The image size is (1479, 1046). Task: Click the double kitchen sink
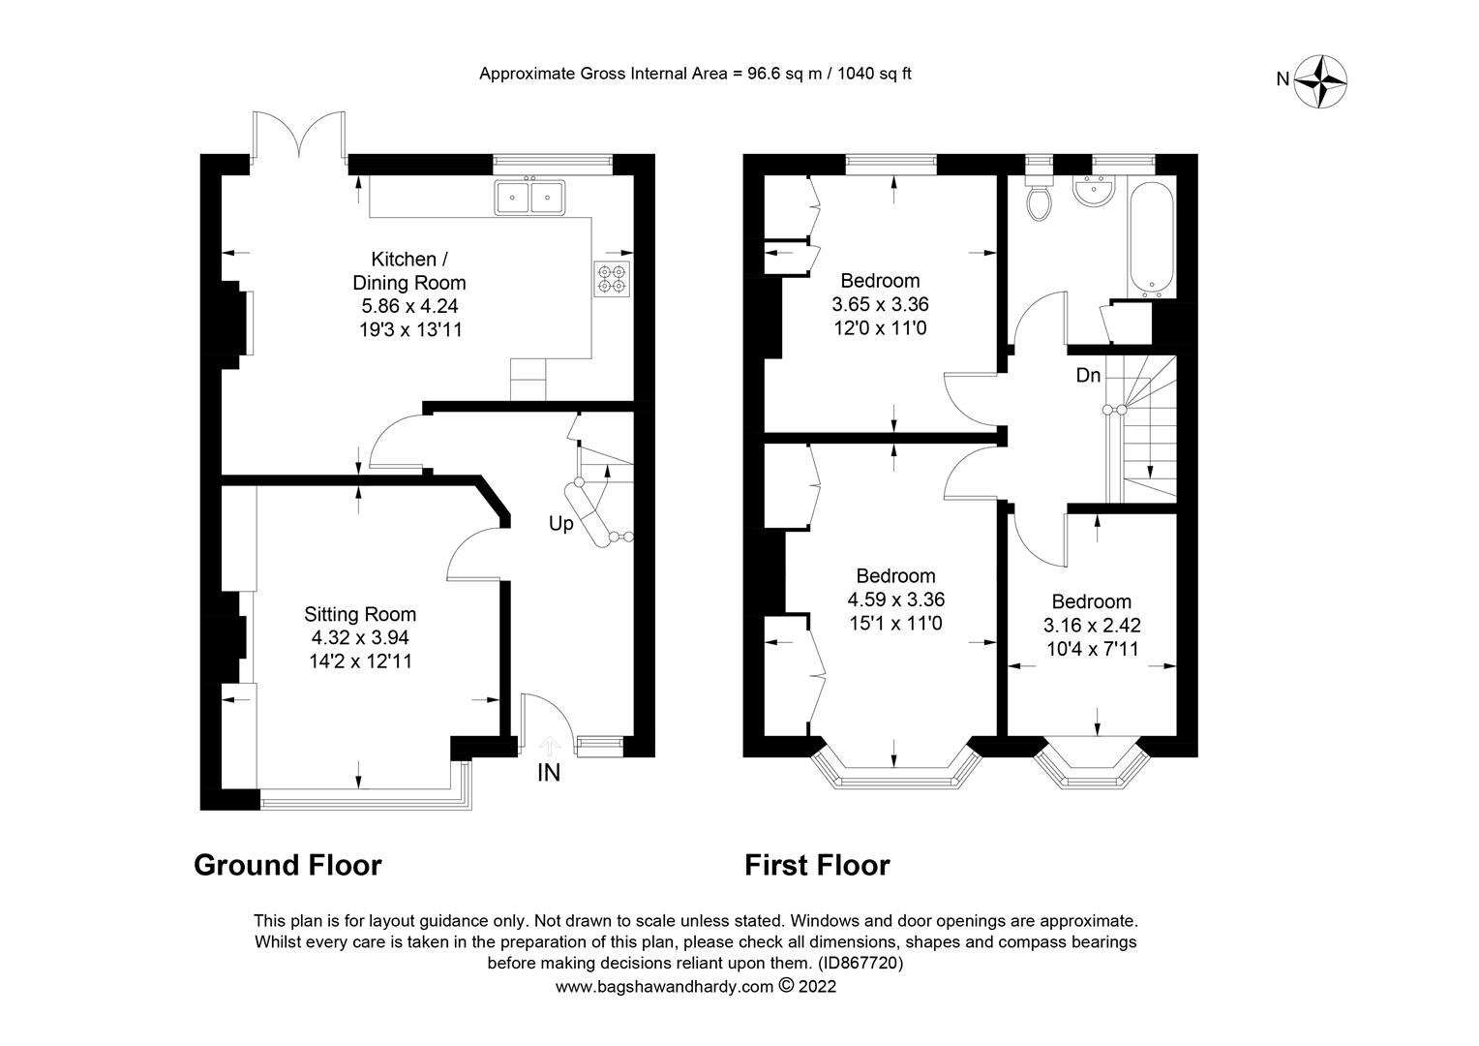[x=529, y=197]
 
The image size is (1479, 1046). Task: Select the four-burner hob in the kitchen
[x=613, y=278]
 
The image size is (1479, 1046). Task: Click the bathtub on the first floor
[x=1151, y=240]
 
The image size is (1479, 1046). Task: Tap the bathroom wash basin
[x=1095, y=193]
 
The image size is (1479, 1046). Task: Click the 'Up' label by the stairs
[x=560, y=524]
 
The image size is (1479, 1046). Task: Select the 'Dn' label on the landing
[x=1088, y=375]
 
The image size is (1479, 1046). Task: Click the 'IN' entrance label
[x=549, y=773]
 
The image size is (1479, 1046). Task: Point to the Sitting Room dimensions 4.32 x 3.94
[x=360, y=638]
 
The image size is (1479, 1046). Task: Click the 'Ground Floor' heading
[x=287, y=865]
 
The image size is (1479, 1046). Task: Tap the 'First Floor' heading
[x=816, y=865]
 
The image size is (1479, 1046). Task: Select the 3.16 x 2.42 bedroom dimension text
[x=1092, y=626]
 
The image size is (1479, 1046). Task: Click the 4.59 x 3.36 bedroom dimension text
[x=895, y=600]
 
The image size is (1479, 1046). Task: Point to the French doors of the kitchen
[x=299, y=136]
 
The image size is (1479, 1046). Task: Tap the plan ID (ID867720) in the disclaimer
[x=860, y=964]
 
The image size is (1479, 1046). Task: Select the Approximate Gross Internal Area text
[x=695, y=74]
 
